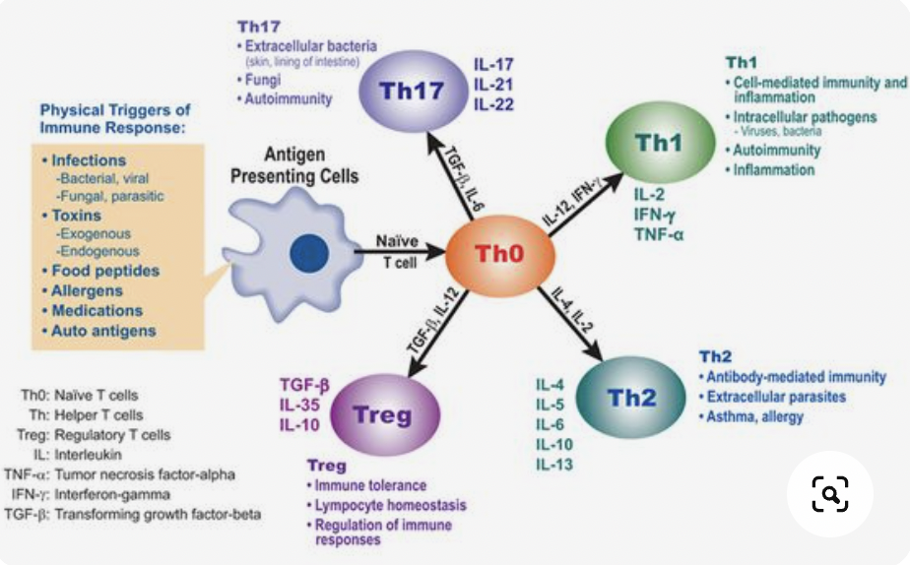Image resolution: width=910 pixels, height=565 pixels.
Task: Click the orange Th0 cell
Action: pyautogui.click(x=500, y=255)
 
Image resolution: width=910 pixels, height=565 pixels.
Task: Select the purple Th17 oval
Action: pyautogui.click(x=413, y=92)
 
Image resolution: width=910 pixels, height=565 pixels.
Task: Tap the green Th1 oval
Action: pyautogui.click(x=660, y=143)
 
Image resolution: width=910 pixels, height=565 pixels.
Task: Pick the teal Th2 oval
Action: pyautogui.click(x=631, y=398)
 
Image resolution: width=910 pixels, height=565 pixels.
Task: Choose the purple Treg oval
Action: pyautogui.click(x=385, y=414)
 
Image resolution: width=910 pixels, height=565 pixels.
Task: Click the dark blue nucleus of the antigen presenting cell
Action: pyautogui.click(x=309, y=254)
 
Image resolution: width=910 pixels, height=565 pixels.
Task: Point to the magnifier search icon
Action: pyautogui.click(x=830, y=494)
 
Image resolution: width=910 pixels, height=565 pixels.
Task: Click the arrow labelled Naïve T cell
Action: pyautogui.click(x=400, y=252)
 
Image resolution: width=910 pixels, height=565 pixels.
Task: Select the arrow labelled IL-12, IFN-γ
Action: pyautogui.click(x=586, y=203)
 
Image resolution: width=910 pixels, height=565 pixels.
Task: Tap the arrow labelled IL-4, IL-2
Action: pyautogui.click(x=570, y=323)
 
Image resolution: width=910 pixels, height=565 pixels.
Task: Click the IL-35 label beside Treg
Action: pyautogui.click(x=299, y=405)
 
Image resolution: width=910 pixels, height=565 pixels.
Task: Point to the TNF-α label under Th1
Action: pyautogui.click(x=659, y=234)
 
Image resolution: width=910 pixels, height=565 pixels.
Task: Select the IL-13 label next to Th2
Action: pyautogui.click(x=554, y=465)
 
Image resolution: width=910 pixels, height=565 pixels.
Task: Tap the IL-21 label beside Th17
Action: pyautogui.click(x=493, y=85)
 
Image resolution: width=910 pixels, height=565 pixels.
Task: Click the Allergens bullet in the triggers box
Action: pyautogui.click(x=83, y=290)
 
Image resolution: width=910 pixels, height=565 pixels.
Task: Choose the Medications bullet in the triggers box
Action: pyautogui.click(x=93, y=311)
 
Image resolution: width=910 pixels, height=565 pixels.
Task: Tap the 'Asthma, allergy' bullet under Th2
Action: pyautogui.click(x=751, y=417)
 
